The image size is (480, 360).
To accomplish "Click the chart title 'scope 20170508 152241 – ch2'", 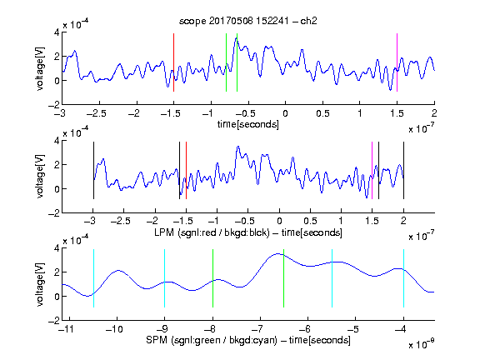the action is tap(248, 21).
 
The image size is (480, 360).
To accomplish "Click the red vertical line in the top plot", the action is tap(174, 62).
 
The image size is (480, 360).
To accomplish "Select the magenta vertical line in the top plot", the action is tap(397, 62).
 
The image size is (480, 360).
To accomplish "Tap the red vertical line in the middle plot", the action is tap(186, 171).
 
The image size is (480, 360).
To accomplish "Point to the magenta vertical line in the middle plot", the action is tap(372, 171).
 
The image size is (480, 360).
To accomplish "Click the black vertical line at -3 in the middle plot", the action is tap(93, 171).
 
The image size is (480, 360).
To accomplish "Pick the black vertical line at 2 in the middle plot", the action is tap(403, 171).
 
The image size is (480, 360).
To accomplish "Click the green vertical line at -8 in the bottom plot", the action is tap(212, 278).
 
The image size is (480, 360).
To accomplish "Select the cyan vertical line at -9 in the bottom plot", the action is tap(165, 278).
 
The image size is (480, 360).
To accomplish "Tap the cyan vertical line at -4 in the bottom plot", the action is tap(403, 278).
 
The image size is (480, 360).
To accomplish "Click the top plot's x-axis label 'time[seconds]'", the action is tap(248, 125).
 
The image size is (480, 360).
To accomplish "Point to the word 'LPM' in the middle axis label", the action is tap(165, 232).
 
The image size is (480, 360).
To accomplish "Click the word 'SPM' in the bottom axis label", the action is tap(157, 340).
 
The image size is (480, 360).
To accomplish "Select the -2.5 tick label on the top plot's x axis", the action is tap(97, 113).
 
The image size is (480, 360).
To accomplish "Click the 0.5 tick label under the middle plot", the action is tap(310, 221).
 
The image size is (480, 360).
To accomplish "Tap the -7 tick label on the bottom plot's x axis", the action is tap(257, 329).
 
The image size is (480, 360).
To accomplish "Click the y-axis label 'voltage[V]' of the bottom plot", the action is tap(40, 284).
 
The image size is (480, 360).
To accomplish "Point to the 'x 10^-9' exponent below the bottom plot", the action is tap(422, 344).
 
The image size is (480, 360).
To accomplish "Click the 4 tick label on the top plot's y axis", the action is tap(57, 32).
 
